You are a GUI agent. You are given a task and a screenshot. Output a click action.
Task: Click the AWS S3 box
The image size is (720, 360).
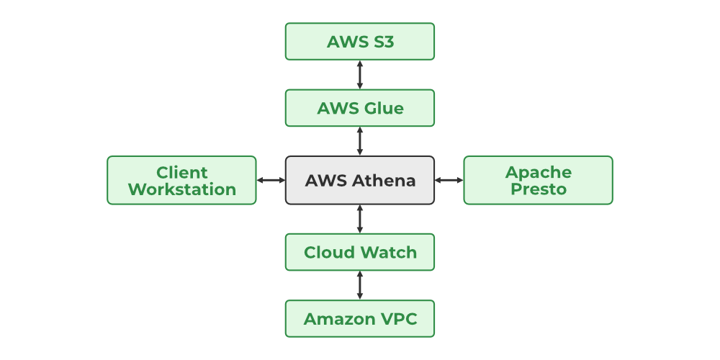coord(360,41)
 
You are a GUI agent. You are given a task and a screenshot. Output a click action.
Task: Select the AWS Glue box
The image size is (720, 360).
coord(360,108)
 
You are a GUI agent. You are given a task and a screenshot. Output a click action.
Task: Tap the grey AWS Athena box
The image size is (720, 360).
coord(360,180)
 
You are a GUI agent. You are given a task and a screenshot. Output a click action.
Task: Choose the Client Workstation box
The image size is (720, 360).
coord(181,180)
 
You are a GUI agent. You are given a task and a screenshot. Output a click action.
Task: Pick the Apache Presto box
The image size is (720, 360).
coord(538,180)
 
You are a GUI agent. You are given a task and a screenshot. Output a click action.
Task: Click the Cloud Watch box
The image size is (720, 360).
coord(360,252)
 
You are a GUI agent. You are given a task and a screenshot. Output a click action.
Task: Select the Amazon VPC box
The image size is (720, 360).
coord(360,318)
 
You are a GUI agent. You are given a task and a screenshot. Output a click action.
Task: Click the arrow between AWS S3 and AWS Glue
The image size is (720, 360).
coord(360,75)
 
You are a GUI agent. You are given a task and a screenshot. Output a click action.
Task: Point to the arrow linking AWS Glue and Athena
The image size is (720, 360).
coord(360,141)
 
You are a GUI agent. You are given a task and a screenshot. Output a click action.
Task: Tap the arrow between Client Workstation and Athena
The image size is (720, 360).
coord(271,180)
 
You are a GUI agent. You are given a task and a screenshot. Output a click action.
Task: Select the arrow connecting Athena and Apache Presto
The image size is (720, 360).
coord(449,180)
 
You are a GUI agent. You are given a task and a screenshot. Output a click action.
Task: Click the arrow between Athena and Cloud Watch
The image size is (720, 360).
coord(360,219)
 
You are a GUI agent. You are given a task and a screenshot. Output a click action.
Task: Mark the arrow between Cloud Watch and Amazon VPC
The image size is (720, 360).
coord(360,285)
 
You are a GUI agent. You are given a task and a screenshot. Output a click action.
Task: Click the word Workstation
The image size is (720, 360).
coord(181,189)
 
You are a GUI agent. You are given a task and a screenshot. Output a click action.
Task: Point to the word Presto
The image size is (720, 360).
coord(538,189)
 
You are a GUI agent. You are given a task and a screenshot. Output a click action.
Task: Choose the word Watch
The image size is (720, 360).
coord(388,252)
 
